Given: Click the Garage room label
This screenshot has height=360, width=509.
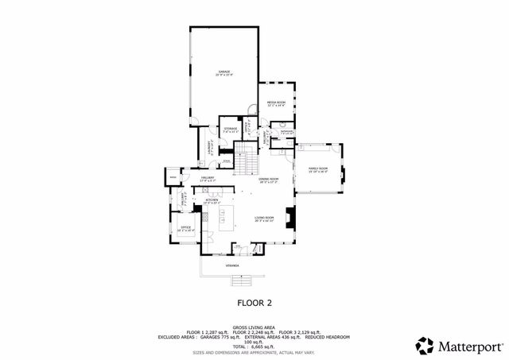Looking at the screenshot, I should coord(224,73).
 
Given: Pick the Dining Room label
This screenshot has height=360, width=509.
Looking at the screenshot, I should coord(268,180).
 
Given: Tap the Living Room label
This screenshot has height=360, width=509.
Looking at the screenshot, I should coord(264,219).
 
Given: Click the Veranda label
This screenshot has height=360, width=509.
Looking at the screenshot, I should coord(231,265).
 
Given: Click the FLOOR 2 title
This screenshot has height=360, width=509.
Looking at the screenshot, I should coord(254,303).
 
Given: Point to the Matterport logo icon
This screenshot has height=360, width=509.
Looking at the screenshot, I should coord(425,346).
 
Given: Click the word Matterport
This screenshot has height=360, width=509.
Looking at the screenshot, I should coord(469,346).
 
